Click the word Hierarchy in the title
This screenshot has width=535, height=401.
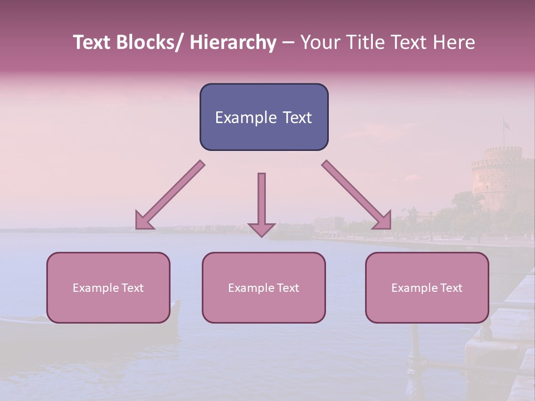[232, 43]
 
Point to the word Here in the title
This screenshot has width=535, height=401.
[454, 43]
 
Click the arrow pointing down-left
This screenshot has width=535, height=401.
[169, 195]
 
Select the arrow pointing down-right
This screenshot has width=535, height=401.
[357, 195]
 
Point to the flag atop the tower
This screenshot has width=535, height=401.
[506, 125]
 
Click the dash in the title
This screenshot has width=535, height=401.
[288, 43]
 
